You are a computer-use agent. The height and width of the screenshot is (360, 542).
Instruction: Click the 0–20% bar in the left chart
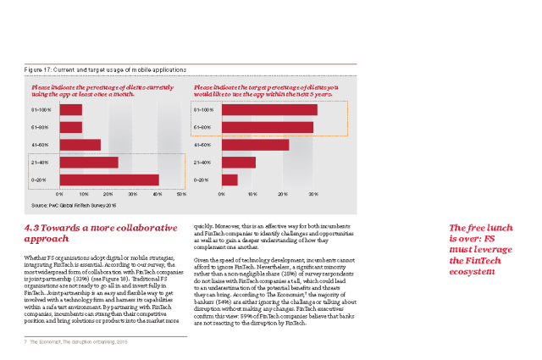click(x=108, y=180)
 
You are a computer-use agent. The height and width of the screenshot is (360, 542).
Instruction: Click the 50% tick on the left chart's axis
click(x=181, y=195)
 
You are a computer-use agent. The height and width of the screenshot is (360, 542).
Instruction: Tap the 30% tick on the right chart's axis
click(x=313, y=195)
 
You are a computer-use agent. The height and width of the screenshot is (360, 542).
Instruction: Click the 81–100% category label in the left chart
click(x=40, y=110)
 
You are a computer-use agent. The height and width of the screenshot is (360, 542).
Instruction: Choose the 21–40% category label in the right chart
click(x=202, y=162)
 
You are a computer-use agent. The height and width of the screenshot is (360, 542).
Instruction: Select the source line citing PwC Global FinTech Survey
click(x=72, y=206)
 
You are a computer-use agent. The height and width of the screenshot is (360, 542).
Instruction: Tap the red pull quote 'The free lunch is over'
click(x=481, y=244)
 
